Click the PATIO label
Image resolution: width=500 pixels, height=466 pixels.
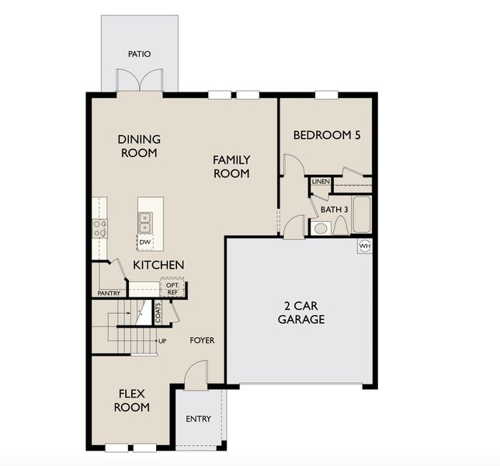[140, 54]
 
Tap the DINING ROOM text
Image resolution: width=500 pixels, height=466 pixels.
[139, 146]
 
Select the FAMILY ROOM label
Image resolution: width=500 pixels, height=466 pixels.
[231, 166]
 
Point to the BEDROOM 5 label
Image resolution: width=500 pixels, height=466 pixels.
[327, 135]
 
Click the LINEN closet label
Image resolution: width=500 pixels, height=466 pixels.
[321, 182]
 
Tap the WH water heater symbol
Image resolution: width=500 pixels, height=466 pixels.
[365, 246]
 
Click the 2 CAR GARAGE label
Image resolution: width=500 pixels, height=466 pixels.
[300, 312]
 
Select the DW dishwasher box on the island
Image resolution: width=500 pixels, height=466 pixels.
[145, 242]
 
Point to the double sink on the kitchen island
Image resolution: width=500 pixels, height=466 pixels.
[145, 224]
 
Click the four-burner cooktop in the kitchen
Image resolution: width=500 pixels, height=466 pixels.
[100, 228]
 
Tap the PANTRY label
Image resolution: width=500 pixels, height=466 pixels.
[109, 294]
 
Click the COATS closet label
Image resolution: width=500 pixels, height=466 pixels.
[158, 312]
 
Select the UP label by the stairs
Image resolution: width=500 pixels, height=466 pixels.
[162, 341]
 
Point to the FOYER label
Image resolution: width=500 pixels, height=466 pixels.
[202, 340]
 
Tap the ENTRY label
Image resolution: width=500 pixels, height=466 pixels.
[199, 419]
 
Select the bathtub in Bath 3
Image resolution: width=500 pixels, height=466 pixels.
[363, 214]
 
